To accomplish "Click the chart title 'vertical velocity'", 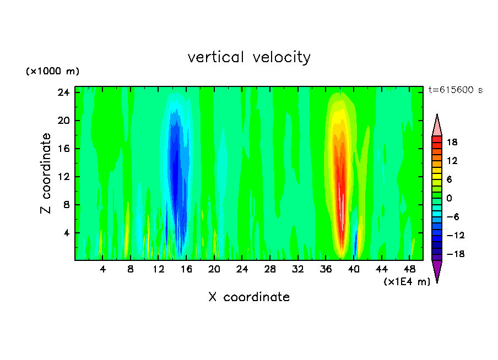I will click(249, 57).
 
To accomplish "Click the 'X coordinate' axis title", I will click(249, 297).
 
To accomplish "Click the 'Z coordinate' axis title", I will click(47, 173).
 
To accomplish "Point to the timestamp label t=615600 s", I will click(456, 90).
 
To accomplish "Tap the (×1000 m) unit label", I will click(52, 72).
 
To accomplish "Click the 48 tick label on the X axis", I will click(409, 269).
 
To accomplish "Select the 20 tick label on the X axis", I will click(214, 269).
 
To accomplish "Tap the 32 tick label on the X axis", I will click(298, 269).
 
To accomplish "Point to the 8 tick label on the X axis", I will click(131, 269).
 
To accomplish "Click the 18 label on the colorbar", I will click(452, 142).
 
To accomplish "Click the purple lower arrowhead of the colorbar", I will click(437, 271).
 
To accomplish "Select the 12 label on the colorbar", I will click(452, 161).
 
